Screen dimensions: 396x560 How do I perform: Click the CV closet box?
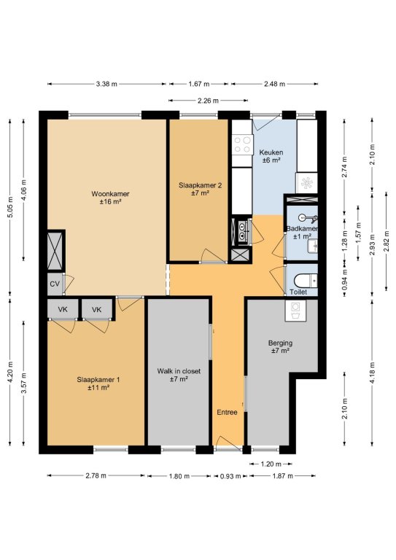(x=55, y=284)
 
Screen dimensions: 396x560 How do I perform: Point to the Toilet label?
(x=298, y=292)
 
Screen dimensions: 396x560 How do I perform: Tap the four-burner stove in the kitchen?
(x=242, y=145)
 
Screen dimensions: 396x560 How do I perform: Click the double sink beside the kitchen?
(x=243, y=230)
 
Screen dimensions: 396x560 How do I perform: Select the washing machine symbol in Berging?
(x=295, y=311)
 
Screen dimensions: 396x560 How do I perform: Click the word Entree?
(x=227, y=412)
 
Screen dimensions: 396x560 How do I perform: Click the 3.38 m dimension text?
(x=106, y=84)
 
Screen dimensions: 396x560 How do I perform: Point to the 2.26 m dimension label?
(x=208, y=101)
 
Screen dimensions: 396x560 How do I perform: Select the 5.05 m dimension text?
(x=9, y=207)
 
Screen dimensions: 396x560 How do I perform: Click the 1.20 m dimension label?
(x=271, y=464)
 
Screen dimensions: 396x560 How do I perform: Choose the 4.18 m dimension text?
(x=373, y=373)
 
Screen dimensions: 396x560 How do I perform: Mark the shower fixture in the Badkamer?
(x=308, y=217)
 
